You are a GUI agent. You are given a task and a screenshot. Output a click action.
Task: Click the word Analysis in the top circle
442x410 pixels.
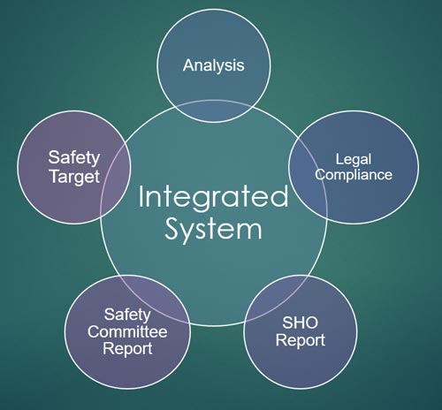pos(214,65)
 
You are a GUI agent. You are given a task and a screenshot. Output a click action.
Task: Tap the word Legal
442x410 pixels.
pos(354,160)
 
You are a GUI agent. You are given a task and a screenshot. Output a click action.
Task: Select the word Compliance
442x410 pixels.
pos(354,175)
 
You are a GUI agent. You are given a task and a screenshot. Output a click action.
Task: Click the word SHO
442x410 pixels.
pos(301,323)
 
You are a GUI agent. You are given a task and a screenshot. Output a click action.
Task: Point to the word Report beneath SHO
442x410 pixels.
pos(301,340)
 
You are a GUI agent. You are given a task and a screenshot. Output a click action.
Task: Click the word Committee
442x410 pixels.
pos(127,332)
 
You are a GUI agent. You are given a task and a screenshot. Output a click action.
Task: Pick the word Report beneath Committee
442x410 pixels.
pos(127,349)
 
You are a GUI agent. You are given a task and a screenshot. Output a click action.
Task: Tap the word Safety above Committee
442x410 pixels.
pos(127,315)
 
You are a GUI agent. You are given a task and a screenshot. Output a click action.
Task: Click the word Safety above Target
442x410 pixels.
pos(74,158)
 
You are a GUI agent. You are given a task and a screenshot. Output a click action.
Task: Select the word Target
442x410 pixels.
pos(74,177)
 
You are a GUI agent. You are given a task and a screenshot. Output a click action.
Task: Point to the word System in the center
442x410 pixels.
pos(213,230)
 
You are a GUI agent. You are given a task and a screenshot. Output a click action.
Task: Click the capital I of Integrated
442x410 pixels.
pos(141,196)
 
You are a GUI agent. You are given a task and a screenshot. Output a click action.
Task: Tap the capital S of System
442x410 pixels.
pos(171,229)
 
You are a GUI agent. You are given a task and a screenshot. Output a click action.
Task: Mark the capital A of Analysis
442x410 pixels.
pos(189,65)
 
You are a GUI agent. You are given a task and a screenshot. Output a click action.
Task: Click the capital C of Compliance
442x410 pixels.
pos(320,174)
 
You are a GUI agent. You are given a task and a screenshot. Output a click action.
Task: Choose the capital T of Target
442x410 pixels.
pos(55,176)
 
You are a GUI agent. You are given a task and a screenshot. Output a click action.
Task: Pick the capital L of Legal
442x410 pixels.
pos(339,159)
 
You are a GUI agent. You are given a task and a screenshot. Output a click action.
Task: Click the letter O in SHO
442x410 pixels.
pos(312,323)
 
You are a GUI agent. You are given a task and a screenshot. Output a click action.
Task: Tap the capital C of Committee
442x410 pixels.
pos(94,332)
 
